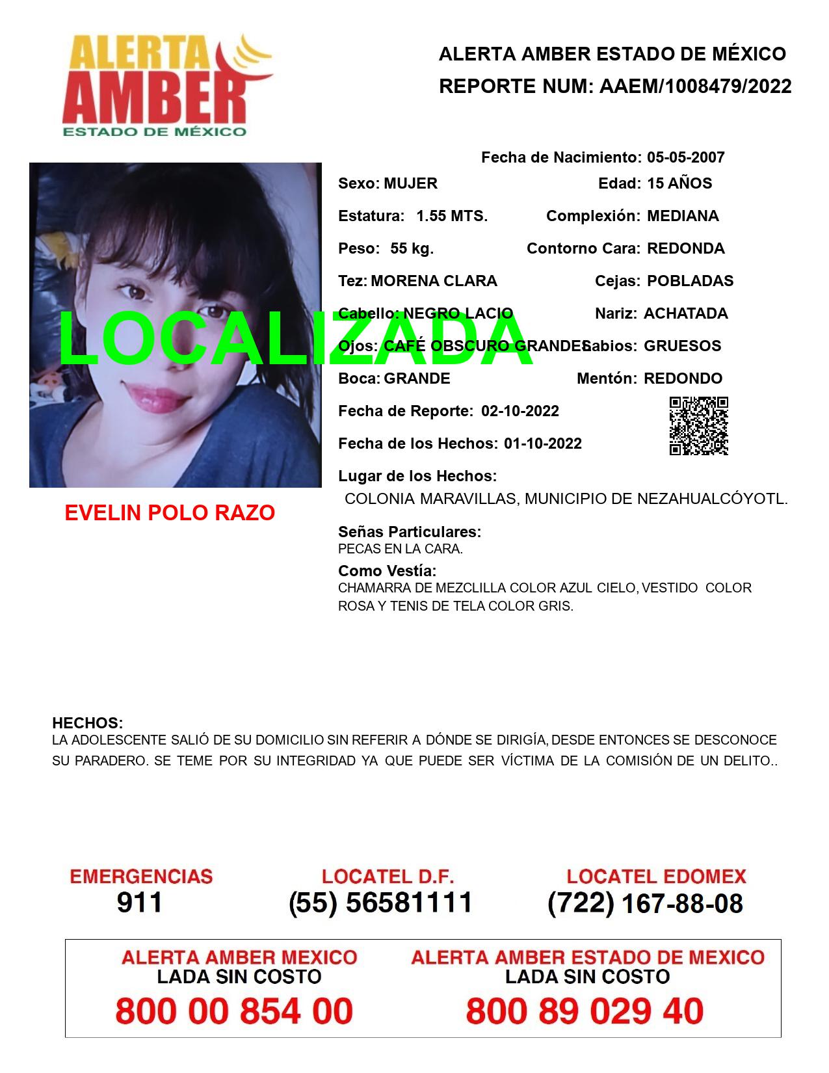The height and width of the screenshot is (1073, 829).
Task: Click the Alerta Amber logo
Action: click(x=166, y=85)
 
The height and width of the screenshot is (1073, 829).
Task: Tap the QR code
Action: click(x=698, y=426)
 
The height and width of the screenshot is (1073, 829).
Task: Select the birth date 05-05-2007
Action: click(x=685, y=157)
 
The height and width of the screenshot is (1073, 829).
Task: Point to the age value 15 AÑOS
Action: click(x=679, y=183)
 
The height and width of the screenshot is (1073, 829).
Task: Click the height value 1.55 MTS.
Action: click(x=452, y=216)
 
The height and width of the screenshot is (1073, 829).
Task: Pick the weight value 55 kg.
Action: click(x=412, y=248)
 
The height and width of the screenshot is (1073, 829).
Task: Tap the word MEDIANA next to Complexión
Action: click(x=683, y=216)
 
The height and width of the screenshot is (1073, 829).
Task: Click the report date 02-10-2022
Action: click(x=520, y=411)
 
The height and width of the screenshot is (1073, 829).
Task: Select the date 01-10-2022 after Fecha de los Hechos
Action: click(x=542, y=444)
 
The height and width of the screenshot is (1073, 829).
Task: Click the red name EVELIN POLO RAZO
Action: click(x=170, y=513)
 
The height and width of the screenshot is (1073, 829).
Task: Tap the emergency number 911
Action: click(x=140, y=903)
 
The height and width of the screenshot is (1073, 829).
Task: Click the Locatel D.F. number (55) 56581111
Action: click(x=380, y=903)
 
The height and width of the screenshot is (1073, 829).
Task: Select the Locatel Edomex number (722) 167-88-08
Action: click(x=645, y=903)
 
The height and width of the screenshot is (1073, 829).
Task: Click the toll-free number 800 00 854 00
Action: click(x=234, y=1011)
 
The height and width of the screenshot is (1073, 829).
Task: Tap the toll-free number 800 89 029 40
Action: click(x=584, y=1011)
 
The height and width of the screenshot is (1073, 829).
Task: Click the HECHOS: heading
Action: click(x=87, y=723)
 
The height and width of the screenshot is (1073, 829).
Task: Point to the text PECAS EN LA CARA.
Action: click(x=400, y=549)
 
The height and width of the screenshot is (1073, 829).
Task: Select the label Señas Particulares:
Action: click(x=409, y=532)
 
